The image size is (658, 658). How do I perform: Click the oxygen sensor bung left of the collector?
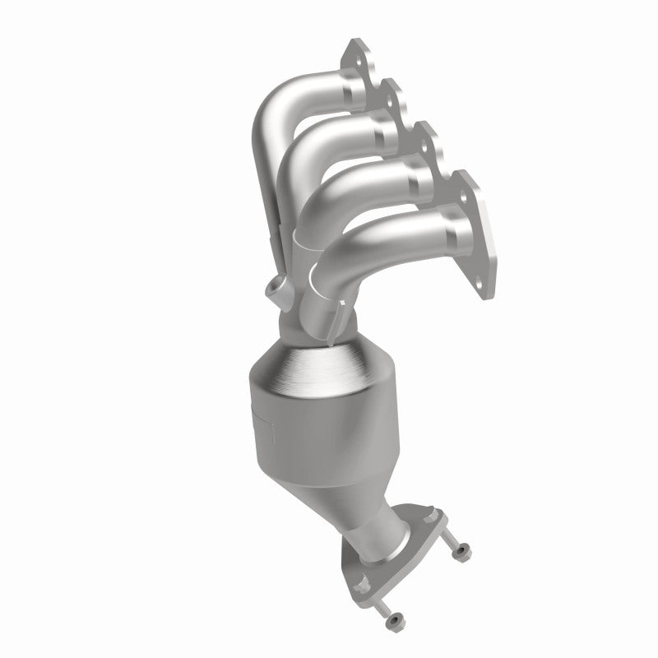pos(274,290)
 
